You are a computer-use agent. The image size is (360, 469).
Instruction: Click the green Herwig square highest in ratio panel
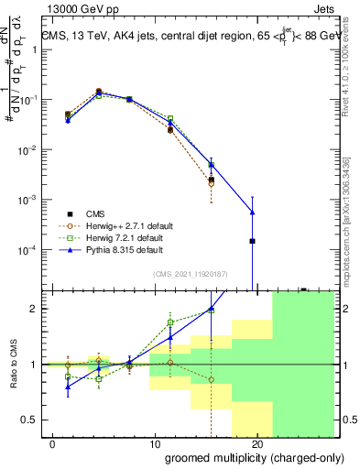pyautogui.click(x=170, y=322)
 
